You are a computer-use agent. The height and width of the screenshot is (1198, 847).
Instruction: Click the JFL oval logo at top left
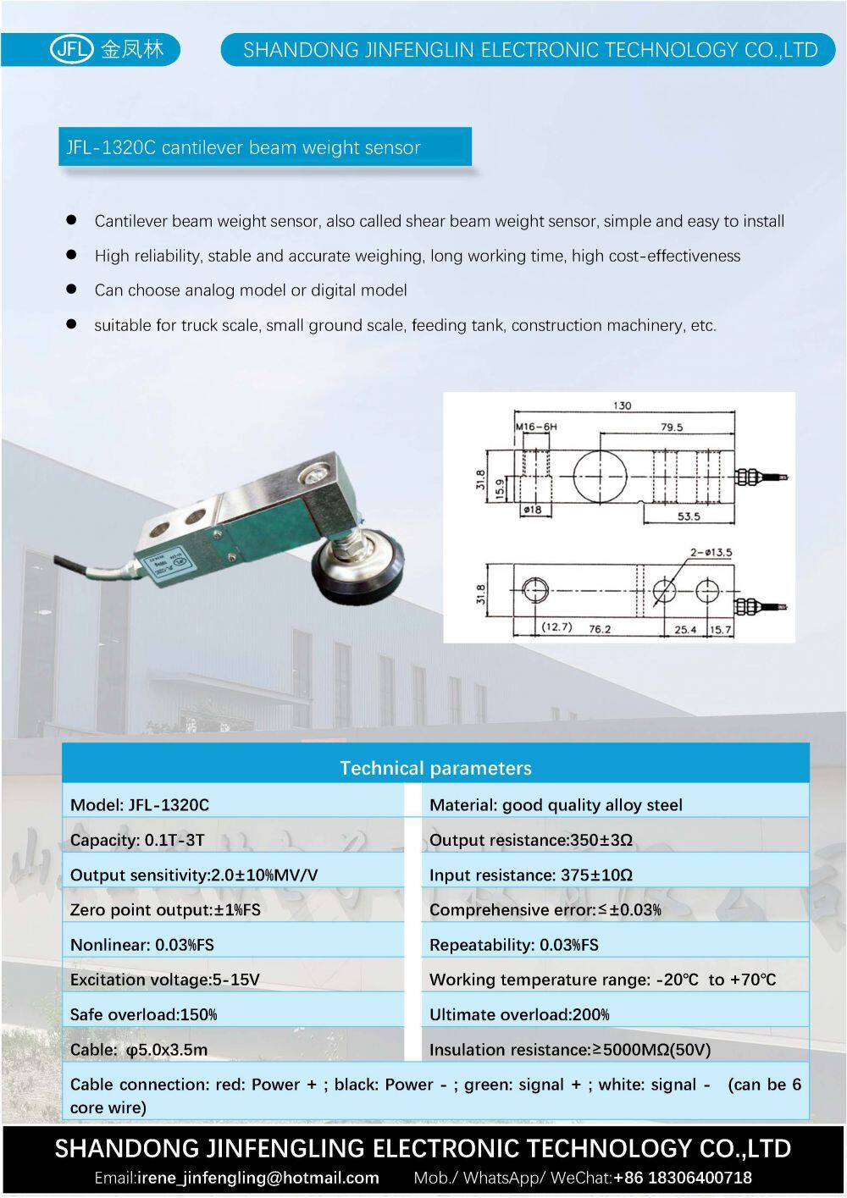[x=70, y=49]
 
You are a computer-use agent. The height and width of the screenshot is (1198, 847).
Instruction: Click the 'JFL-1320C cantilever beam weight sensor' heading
[x=243, y=147]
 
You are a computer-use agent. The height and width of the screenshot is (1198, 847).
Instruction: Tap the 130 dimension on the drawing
[x=622, y=406]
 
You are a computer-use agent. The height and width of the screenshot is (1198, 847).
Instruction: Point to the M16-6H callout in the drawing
[x=536, y=427]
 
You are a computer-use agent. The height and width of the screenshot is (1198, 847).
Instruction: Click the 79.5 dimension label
[x=672, y=427]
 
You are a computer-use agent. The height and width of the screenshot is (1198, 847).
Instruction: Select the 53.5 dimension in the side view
[x=688, y=516]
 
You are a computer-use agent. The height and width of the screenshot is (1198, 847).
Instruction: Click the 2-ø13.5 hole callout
[x=711, y=553]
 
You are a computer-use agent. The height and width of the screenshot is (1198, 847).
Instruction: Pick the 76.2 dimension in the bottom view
[x=600, y=629]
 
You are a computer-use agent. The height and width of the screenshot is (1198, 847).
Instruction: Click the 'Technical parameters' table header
[x=435, y=768]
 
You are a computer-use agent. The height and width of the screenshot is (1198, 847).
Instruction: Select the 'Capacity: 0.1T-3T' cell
[x=137, y=840]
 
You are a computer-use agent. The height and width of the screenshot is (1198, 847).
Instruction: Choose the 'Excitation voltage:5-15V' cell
[x=165, y=980]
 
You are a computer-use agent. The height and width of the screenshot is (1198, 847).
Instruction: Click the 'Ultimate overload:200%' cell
[x=519, y=1014]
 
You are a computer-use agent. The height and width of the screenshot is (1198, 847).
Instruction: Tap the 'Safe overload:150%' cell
[x=144, y=1014]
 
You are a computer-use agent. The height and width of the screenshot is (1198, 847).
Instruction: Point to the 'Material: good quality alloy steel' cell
[x=556, y=805]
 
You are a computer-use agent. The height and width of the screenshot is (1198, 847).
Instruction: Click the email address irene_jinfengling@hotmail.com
[x=257, y=1177]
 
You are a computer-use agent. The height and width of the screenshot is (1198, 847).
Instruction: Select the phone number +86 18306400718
[x=682, y=1177]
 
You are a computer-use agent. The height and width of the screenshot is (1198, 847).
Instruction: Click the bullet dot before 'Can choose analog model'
[x=72, y=290]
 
